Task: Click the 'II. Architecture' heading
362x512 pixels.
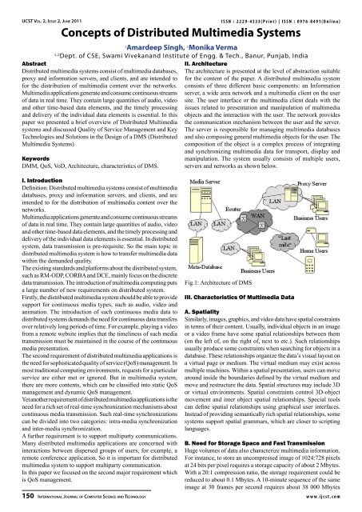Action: (210, 62)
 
